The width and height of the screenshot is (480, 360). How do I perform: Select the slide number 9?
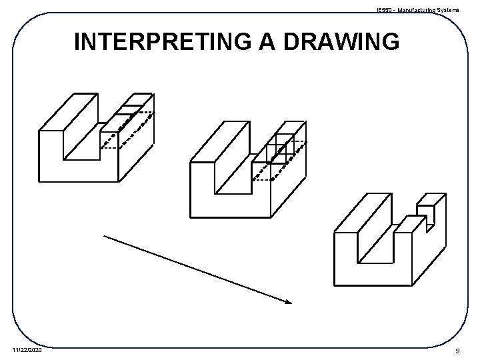(456, 351)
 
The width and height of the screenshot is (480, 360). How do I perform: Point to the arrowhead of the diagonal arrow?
(288, 302)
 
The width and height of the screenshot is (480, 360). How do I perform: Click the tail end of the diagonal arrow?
(105, 235)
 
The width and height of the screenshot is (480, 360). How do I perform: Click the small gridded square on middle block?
(280, 149)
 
